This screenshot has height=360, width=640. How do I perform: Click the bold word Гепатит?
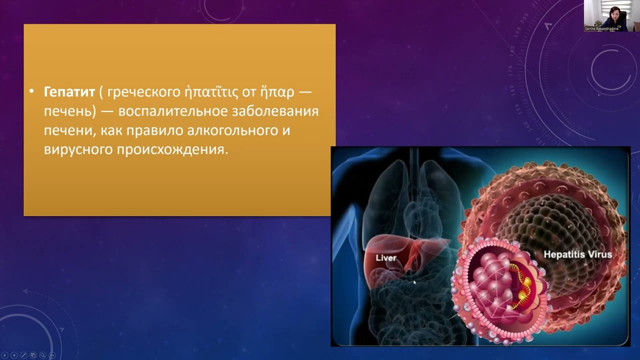[69, 92]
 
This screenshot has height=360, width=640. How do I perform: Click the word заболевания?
[274, 111]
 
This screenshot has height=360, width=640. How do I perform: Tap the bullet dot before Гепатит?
[31, 92]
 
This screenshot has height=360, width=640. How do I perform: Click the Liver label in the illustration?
[385, 258]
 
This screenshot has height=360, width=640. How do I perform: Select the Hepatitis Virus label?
[577, 255]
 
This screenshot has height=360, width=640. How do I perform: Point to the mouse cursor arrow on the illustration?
[414, 282]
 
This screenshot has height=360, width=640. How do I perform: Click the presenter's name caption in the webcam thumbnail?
[601, 28]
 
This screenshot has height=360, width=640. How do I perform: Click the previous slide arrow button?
[5, 355]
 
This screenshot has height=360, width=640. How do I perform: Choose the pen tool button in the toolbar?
[23, 355]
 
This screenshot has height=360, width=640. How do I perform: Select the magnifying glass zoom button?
[42, 355]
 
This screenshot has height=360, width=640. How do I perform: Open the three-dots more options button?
[52, 355]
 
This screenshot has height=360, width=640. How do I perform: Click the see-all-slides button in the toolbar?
[33, 355]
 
